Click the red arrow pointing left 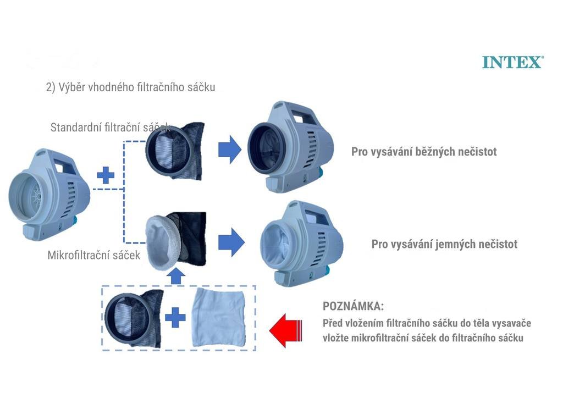pos(286,330)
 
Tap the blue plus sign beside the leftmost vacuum pos(106,175)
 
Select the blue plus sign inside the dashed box pos(175,317)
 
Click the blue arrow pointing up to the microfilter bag pos(176,276)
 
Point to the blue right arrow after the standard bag pos(230,150)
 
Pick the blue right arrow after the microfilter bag pos(231,242)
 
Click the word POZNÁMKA pos(353,306)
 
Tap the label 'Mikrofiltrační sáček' pos(93,255)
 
